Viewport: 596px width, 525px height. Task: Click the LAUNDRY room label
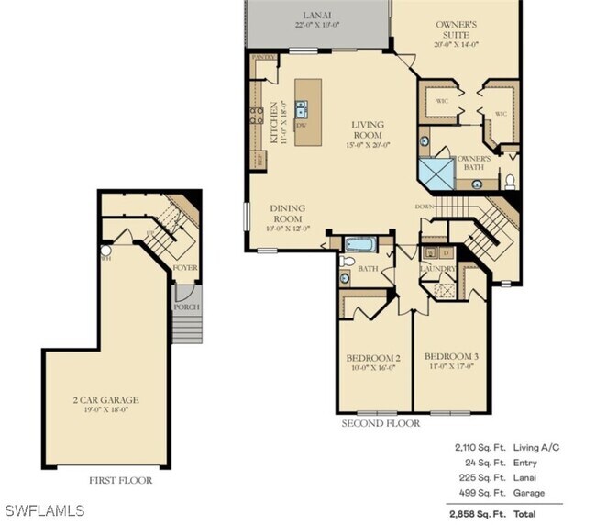(438, 270)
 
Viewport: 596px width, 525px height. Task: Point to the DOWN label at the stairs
(424, 207)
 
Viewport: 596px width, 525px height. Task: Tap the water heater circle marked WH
(105, 250)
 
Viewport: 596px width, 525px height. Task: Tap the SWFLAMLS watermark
(44, 509)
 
